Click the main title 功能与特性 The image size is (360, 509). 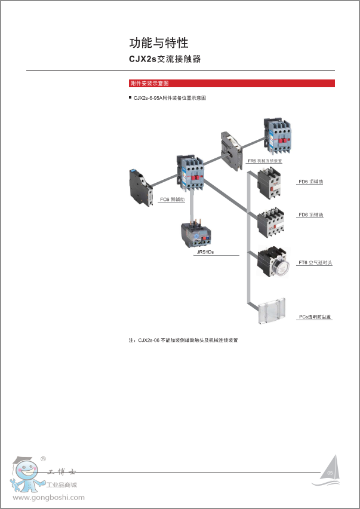coord(159,43)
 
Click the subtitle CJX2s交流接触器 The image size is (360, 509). coord(165,59)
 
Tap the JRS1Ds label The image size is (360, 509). coord(205,252)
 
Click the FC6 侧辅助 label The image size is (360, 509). coord(173,199)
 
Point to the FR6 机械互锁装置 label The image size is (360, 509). coord(265,161)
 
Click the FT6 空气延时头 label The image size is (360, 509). coord(315,262)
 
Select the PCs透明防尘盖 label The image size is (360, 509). coord(315,317)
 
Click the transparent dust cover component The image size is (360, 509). coord(273,311)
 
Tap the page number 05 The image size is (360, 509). coord(330,473)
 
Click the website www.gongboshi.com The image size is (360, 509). coord(48,497)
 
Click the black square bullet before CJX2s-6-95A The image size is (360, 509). coord(130,97)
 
